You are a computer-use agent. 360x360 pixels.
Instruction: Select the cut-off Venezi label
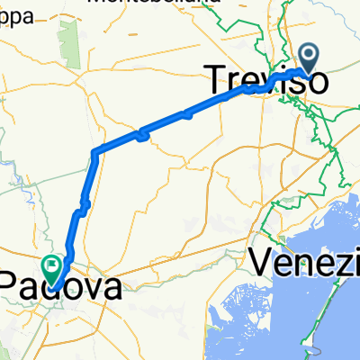pyautogui.click(x=306, y=263)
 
